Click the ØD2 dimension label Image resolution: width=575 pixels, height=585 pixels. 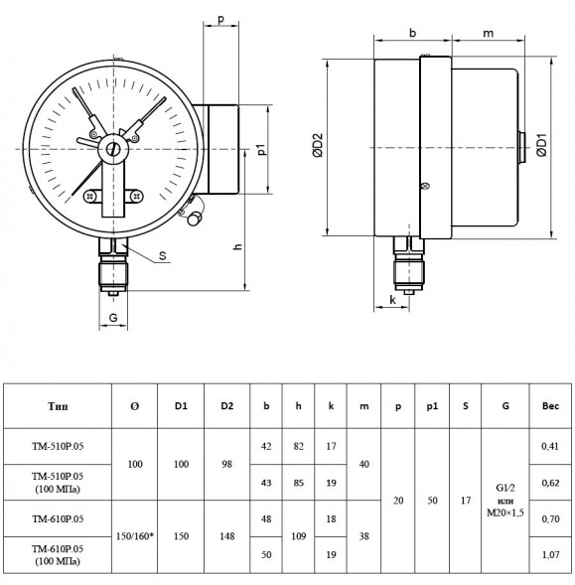tap(318, 145)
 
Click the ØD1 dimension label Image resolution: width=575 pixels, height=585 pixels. tap(541, 145)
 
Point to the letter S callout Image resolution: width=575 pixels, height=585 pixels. tap(162, 255)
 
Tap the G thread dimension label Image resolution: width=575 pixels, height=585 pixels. tap(113, 318)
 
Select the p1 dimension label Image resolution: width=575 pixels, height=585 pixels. tap(262, 149)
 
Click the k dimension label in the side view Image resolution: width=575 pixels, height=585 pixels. tap(392, 300)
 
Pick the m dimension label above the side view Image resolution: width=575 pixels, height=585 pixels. tap(488, 34)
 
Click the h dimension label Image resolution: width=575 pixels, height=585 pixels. tap(237, 246)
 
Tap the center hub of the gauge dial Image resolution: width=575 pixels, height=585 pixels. tap(113, 149)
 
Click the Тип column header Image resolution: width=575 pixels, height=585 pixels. tap(58, 406)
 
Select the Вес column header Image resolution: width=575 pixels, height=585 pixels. tap(550, 406)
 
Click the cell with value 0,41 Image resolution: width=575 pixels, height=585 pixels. tap(550, 446)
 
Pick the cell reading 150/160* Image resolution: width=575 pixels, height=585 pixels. tap(135, 536)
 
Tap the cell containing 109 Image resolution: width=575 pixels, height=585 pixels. tap(299, 536)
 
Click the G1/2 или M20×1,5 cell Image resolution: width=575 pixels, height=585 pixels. tap(505, 501)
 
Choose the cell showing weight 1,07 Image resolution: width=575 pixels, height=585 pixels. tap(550, 555)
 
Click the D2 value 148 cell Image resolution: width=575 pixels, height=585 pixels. tap(226, 536)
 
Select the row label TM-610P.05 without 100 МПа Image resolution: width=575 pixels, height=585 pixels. tap(58, 519)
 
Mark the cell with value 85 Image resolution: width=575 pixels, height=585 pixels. tap(299, 483)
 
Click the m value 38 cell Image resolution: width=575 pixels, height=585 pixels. tap(363, 536)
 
